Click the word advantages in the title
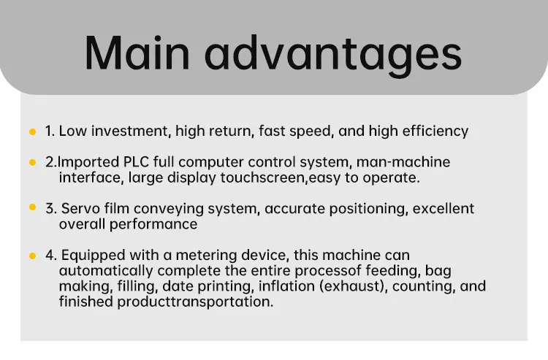[x=333, y=55]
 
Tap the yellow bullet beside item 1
[x=32, y=131]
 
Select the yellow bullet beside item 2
[x=32, y=162]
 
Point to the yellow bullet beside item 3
[x=32, y=207]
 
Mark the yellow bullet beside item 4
[x=32, y=256]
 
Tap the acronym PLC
[x=137, y=162]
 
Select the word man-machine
[x=403, y=162]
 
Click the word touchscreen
[x=263, y=177]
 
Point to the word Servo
[x=80, y=208]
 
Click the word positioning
[x=369, y=209]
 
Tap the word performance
[x=153, y=224]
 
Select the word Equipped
[x=94, y=256]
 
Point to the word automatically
[x=106, y=271]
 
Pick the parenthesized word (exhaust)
[x=352, y=286]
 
